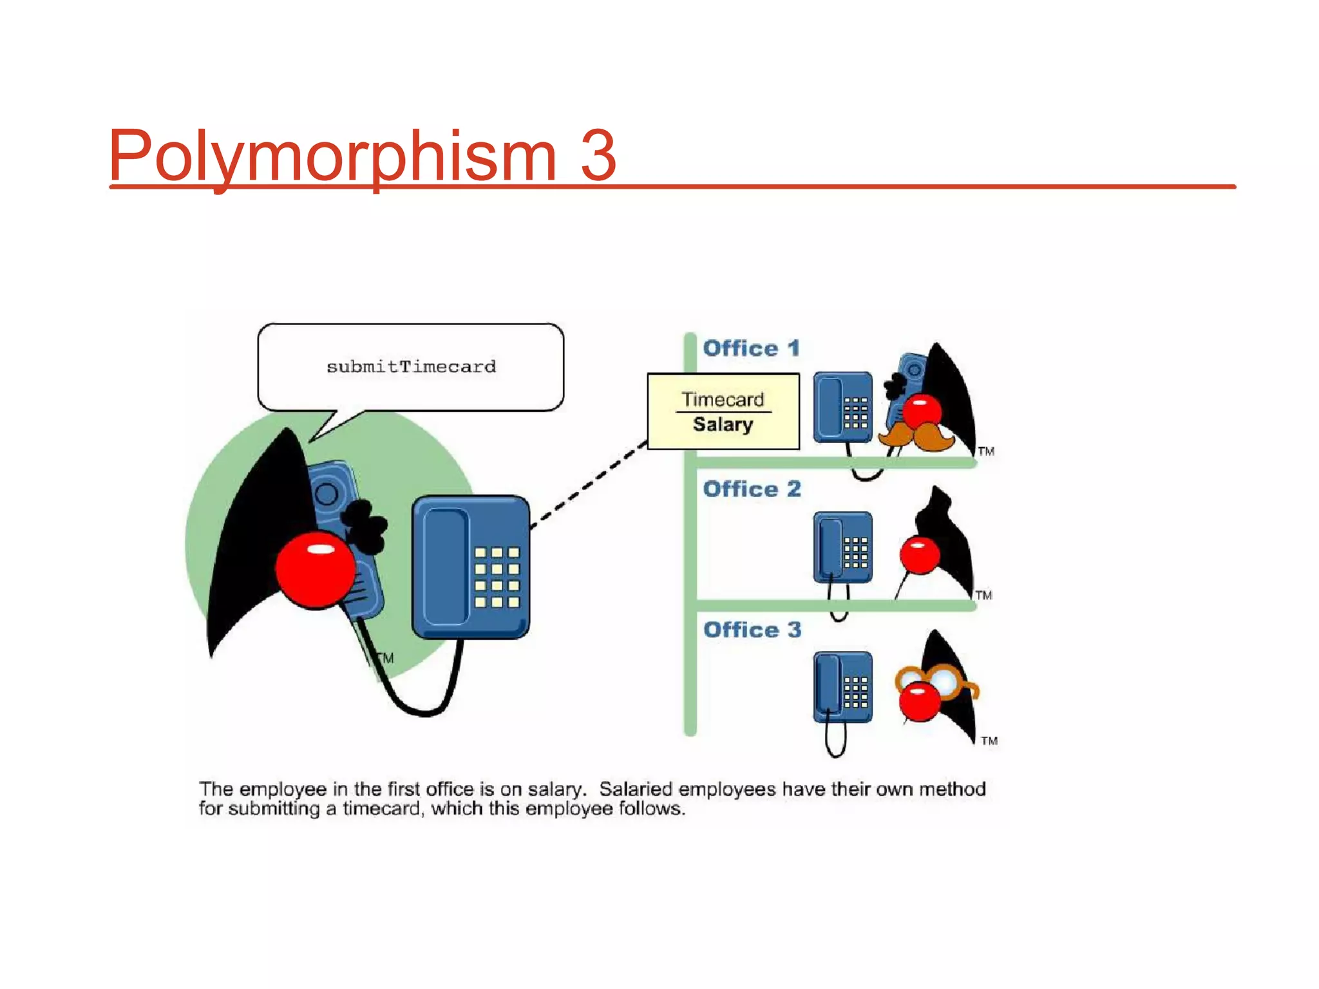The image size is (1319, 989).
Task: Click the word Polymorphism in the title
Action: pyautogui.click(x=332, y=156)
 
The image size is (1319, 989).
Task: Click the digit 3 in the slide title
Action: pyautogui.click(x=598, y=156)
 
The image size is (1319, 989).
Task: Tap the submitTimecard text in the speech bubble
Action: pyautogui.click(x=411, y=367)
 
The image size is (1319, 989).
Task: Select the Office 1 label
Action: pyautogui.click(x=752, y=348)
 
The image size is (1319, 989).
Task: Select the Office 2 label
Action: pyautogui.click(x=752, y=489)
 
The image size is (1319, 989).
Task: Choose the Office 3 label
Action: pyautogui.click(x=752, y=630)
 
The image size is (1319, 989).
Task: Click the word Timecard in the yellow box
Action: pyautogui.click(x=723, y=400)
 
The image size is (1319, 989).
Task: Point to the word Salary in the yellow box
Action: pyautogui.click(x=723, y=424)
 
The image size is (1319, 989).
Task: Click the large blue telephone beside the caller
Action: pyautogui.click(x=471, y=567)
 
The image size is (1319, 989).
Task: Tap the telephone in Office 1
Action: pyautogui.click(x=842, y=408)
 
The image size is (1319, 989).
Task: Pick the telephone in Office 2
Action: pyautogui.click(x=842, y=547)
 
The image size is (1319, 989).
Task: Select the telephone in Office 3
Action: pyautogui.click(x=842, y=687)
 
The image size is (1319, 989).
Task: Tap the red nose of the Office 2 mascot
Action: pyautogui.click(x=919, y=554)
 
